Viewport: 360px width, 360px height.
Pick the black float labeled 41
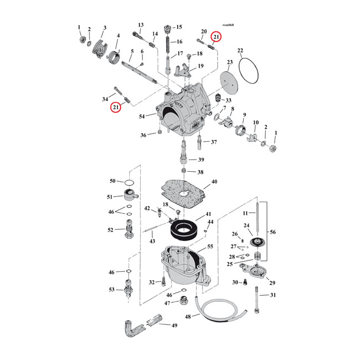[183, 228]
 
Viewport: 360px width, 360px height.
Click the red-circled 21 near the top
[217, 37]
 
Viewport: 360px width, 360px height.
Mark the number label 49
[174, 325]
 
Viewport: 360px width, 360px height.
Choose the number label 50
[112, 181]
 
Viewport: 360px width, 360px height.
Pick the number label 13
[141, 25]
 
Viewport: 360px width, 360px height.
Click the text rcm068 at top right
[228, 25]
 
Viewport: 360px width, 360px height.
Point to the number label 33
[228, 100]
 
